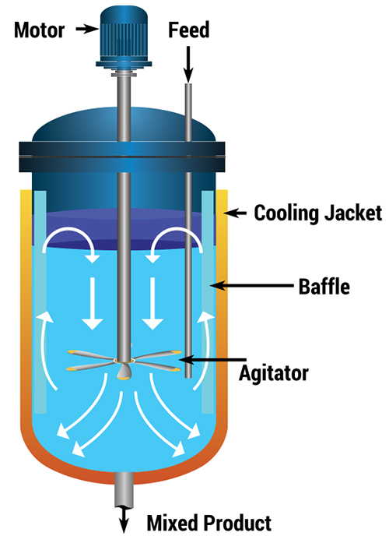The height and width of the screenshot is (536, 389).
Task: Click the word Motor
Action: click(39, 30)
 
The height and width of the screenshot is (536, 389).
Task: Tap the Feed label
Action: click(189, 30)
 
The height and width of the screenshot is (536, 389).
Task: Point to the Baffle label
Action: click(324, 286)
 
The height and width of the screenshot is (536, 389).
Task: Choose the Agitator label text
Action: click(274, 373)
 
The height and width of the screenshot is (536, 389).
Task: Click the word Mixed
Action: click(173, 523)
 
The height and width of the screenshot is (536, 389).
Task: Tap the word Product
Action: click(238, 523)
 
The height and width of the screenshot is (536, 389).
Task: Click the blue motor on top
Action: click(124, 37)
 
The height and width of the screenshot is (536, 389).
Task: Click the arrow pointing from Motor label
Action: click(87, 30)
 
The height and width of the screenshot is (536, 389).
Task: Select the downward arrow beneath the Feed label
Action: click(188, 64)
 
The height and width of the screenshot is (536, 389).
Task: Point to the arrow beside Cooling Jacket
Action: click(235, 213)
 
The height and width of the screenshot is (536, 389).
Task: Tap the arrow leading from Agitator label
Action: click(212, 359)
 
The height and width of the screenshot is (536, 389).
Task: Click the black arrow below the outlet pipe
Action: click(124, 520)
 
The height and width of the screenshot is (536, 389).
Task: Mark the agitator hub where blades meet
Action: click(124, 361)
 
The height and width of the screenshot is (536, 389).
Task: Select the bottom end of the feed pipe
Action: click(188, 377)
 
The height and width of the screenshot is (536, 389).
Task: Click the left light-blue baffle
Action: click(40, 301)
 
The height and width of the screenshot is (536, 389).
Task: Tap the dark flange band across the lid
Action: click(122, 157)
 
